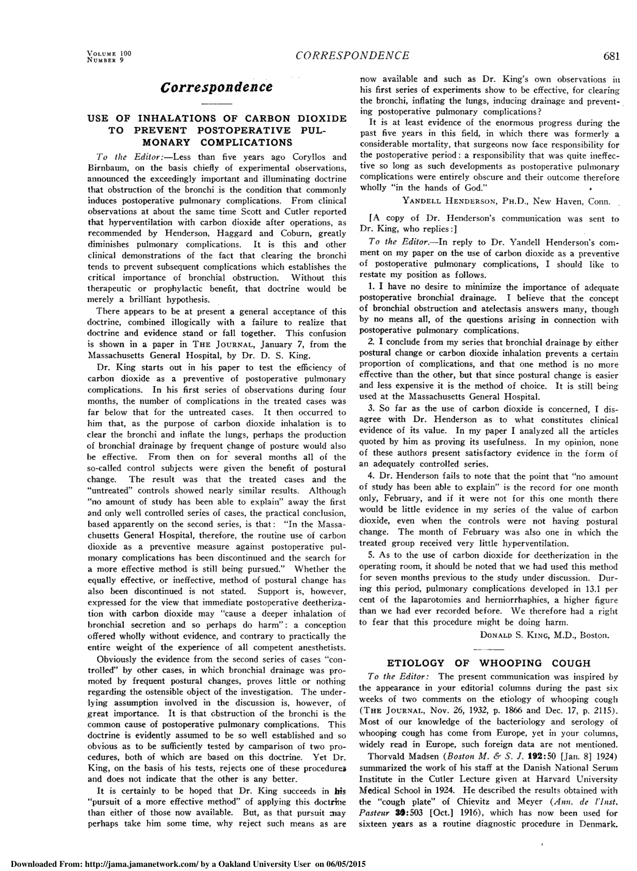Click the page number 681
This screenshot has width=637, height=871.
click(x=611, y=56)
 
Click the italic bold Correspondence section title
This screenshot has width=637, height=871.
click(x=217, y=86)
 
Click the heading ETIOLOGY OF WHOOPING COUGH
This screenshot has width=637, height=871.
click(x=489, y=663)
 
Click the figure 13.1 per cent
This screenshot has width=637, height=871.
click(x=595, y=589)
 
